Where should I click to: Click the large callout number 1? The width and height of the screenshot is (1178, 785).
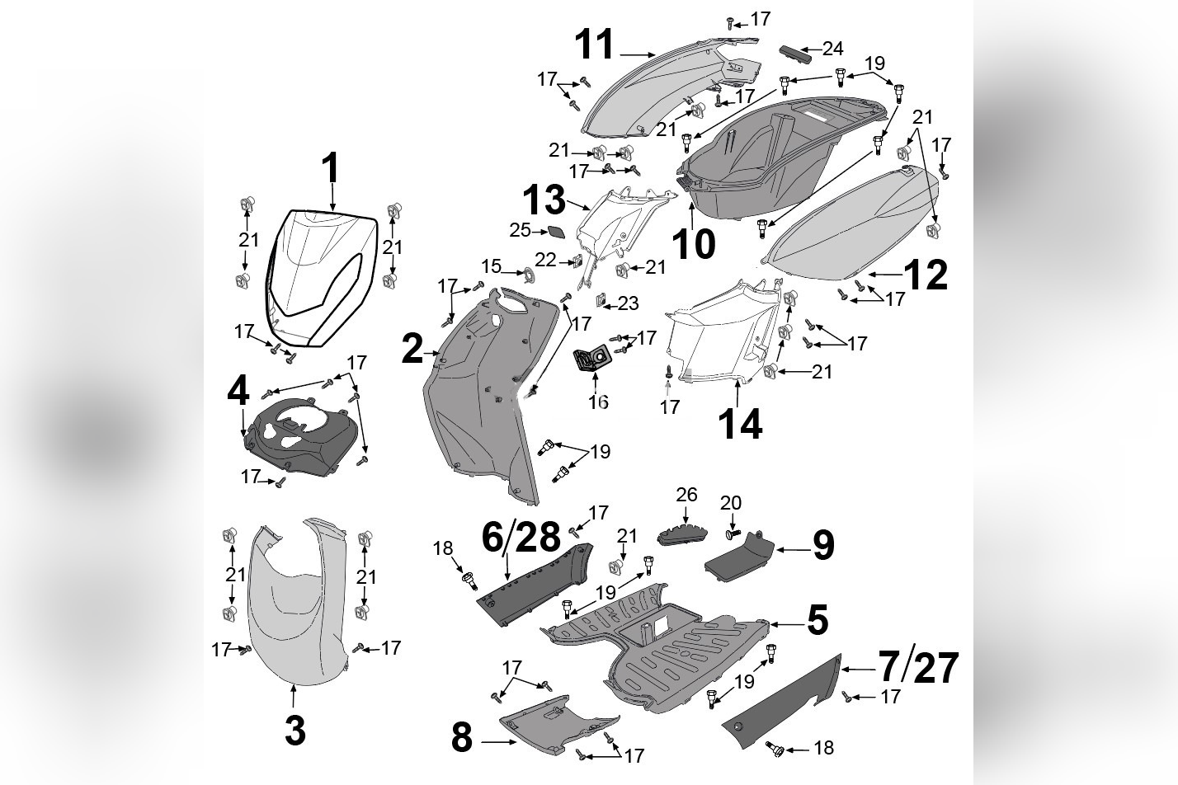click(x=330, y=168)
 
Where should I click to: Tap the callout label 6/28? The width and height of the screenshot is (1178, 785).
click(x=521, y=538)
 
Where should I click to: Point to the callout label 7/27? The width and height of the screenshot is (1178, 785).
click(x=917, y=667)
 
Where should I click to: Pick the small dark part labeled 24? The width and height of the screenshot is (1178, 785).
click(x=796, y=52)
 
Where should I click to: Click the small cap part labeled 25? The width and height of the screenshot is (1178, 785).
click(x=555, y=233)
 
